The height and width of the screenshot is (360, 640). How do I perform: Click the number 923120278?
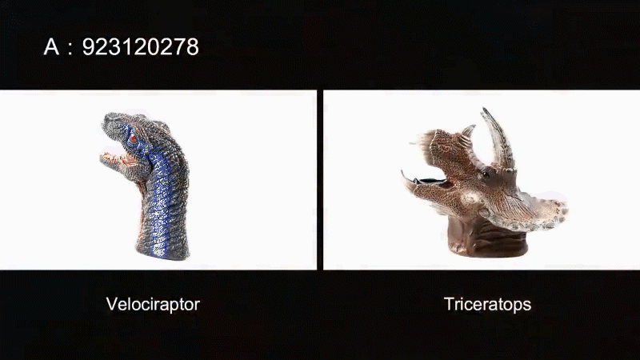141,47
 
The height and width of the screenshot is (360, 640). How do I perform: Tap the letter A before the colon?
51,47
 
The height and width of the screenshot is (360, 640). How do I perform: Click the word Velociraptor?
153,305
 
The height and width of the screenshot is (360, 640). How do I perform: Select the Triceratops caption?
487,305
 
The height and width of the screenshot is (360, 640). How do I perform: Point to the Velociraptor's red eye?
134,138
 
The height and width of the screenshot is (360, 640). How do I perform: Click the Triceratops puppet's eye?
486,175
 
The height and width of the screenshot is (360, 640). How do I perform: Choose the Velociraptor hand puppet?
145,186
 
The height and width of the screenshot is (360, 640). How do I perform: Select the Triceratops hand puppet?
485,182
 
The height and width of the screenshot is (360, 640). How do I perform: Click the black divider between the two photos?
320,179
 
